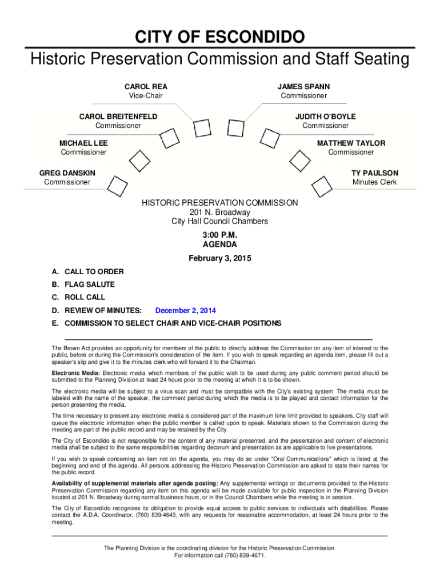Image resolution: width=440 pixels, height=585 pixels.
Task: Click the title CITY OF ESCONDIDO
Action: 219,38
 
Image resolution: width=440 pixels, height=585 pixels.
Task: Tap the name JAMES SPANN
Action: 303,87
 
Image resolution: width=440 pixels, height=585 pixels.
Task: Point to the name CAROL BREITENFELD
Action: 118,117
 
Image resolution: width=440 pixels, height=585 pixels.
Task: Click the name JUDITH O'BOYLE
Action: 325,117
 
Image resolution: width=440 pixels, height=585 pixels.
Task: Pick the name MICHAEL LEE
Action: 83,143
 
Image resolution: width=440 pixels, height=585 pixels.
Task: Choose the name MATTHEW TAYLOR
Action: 351,143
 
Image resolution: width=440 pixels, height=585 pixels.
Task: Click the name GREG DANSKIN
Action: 67,173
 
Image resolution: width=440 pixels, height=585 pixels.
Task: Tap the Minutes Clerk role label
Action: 374,182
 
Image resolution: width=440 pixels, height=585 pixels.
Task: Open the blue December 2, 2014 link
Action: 185,311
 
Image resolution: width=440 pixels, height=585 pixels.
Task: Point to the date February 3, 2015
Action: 219,258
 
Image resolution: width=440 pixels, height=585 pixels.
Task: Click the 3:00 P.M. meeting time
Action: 219,235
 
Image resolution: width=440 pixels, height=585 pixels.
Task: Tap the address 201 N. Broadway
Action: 219,213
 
